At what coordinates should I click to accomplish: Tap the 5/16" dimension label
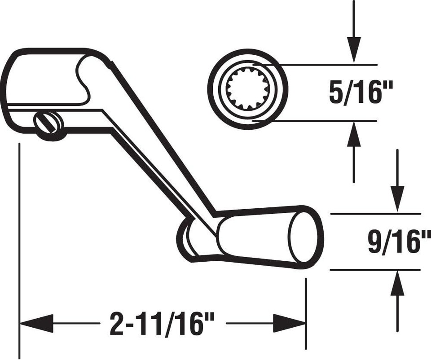(361, 93)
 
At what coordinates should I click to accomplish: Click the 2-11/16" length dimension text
(162, 324)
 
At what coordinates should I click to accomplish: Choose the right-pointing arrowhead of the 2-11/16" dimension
(290, 324)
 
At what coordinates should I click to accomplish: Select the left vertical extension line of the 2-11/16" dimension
(19, 247)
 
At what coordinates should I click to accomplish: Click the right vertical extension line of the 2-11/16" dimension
(306, 310)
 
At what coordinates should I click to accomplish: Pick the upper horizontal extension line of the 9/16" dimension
(375, 214)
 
